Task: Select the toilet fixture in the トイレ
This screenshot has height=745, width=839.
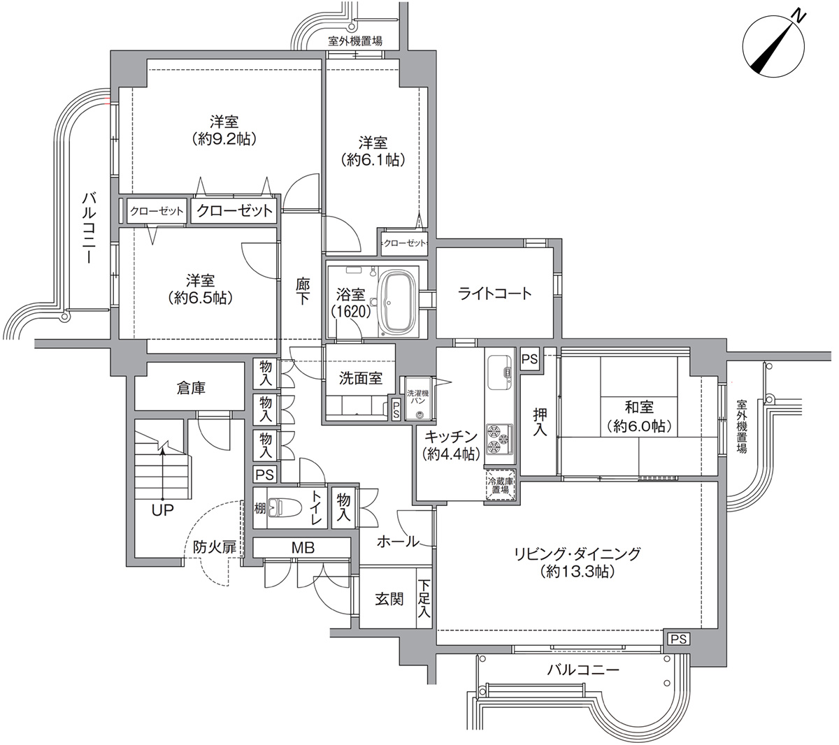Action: [x=280, y=507]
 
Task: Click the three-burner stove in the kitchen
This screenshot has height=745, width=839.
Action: [x=499, y=437]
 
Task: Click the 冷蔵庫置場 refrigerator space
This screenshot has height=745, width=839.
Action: [x=500, y=485]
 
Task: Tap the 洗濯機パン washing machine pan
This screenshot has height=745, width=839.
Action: [x=418, y=398]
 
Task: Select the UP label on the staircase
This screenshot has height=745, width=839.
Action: [x=162, y=510]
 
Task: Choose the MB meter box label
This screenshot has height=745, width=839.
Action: [x=303, y=547]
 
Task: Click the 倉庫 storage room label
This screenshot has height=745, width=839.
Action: [x=190, y=388]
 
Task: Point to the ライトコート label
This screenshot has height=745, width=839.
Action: [x=494, y=293]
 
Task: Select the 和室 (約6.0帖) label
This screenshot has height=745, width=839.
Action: [x=639, y=417]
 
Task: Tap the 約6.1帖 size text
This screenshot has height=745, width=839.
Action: [x=373, y=159]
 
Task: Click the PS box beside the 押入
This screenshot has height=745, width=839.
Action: [x=529, y=359]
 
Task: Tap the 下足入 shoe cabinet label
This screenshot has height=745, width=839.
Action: [x=424, y=599]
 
